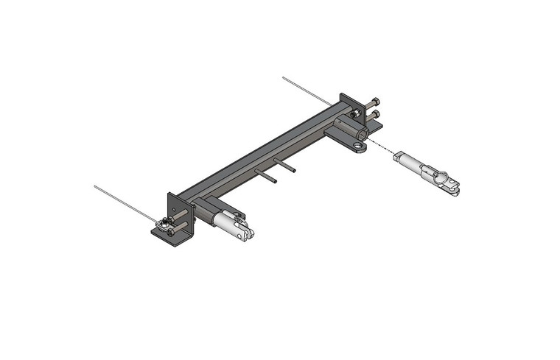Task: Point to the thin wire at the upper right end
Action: point(306,89)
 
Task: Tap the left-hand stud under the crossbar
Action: point(266,176)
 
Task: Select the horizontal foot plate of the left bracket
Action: point(172,236)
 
